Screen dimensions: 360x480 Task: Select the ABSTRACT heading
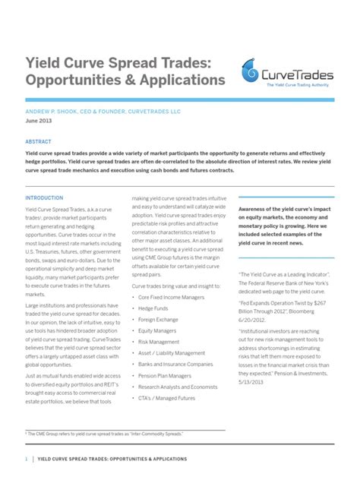(x=38, y=141)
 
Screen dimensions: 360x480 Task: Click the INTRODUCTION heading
(x=45, y=197)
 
